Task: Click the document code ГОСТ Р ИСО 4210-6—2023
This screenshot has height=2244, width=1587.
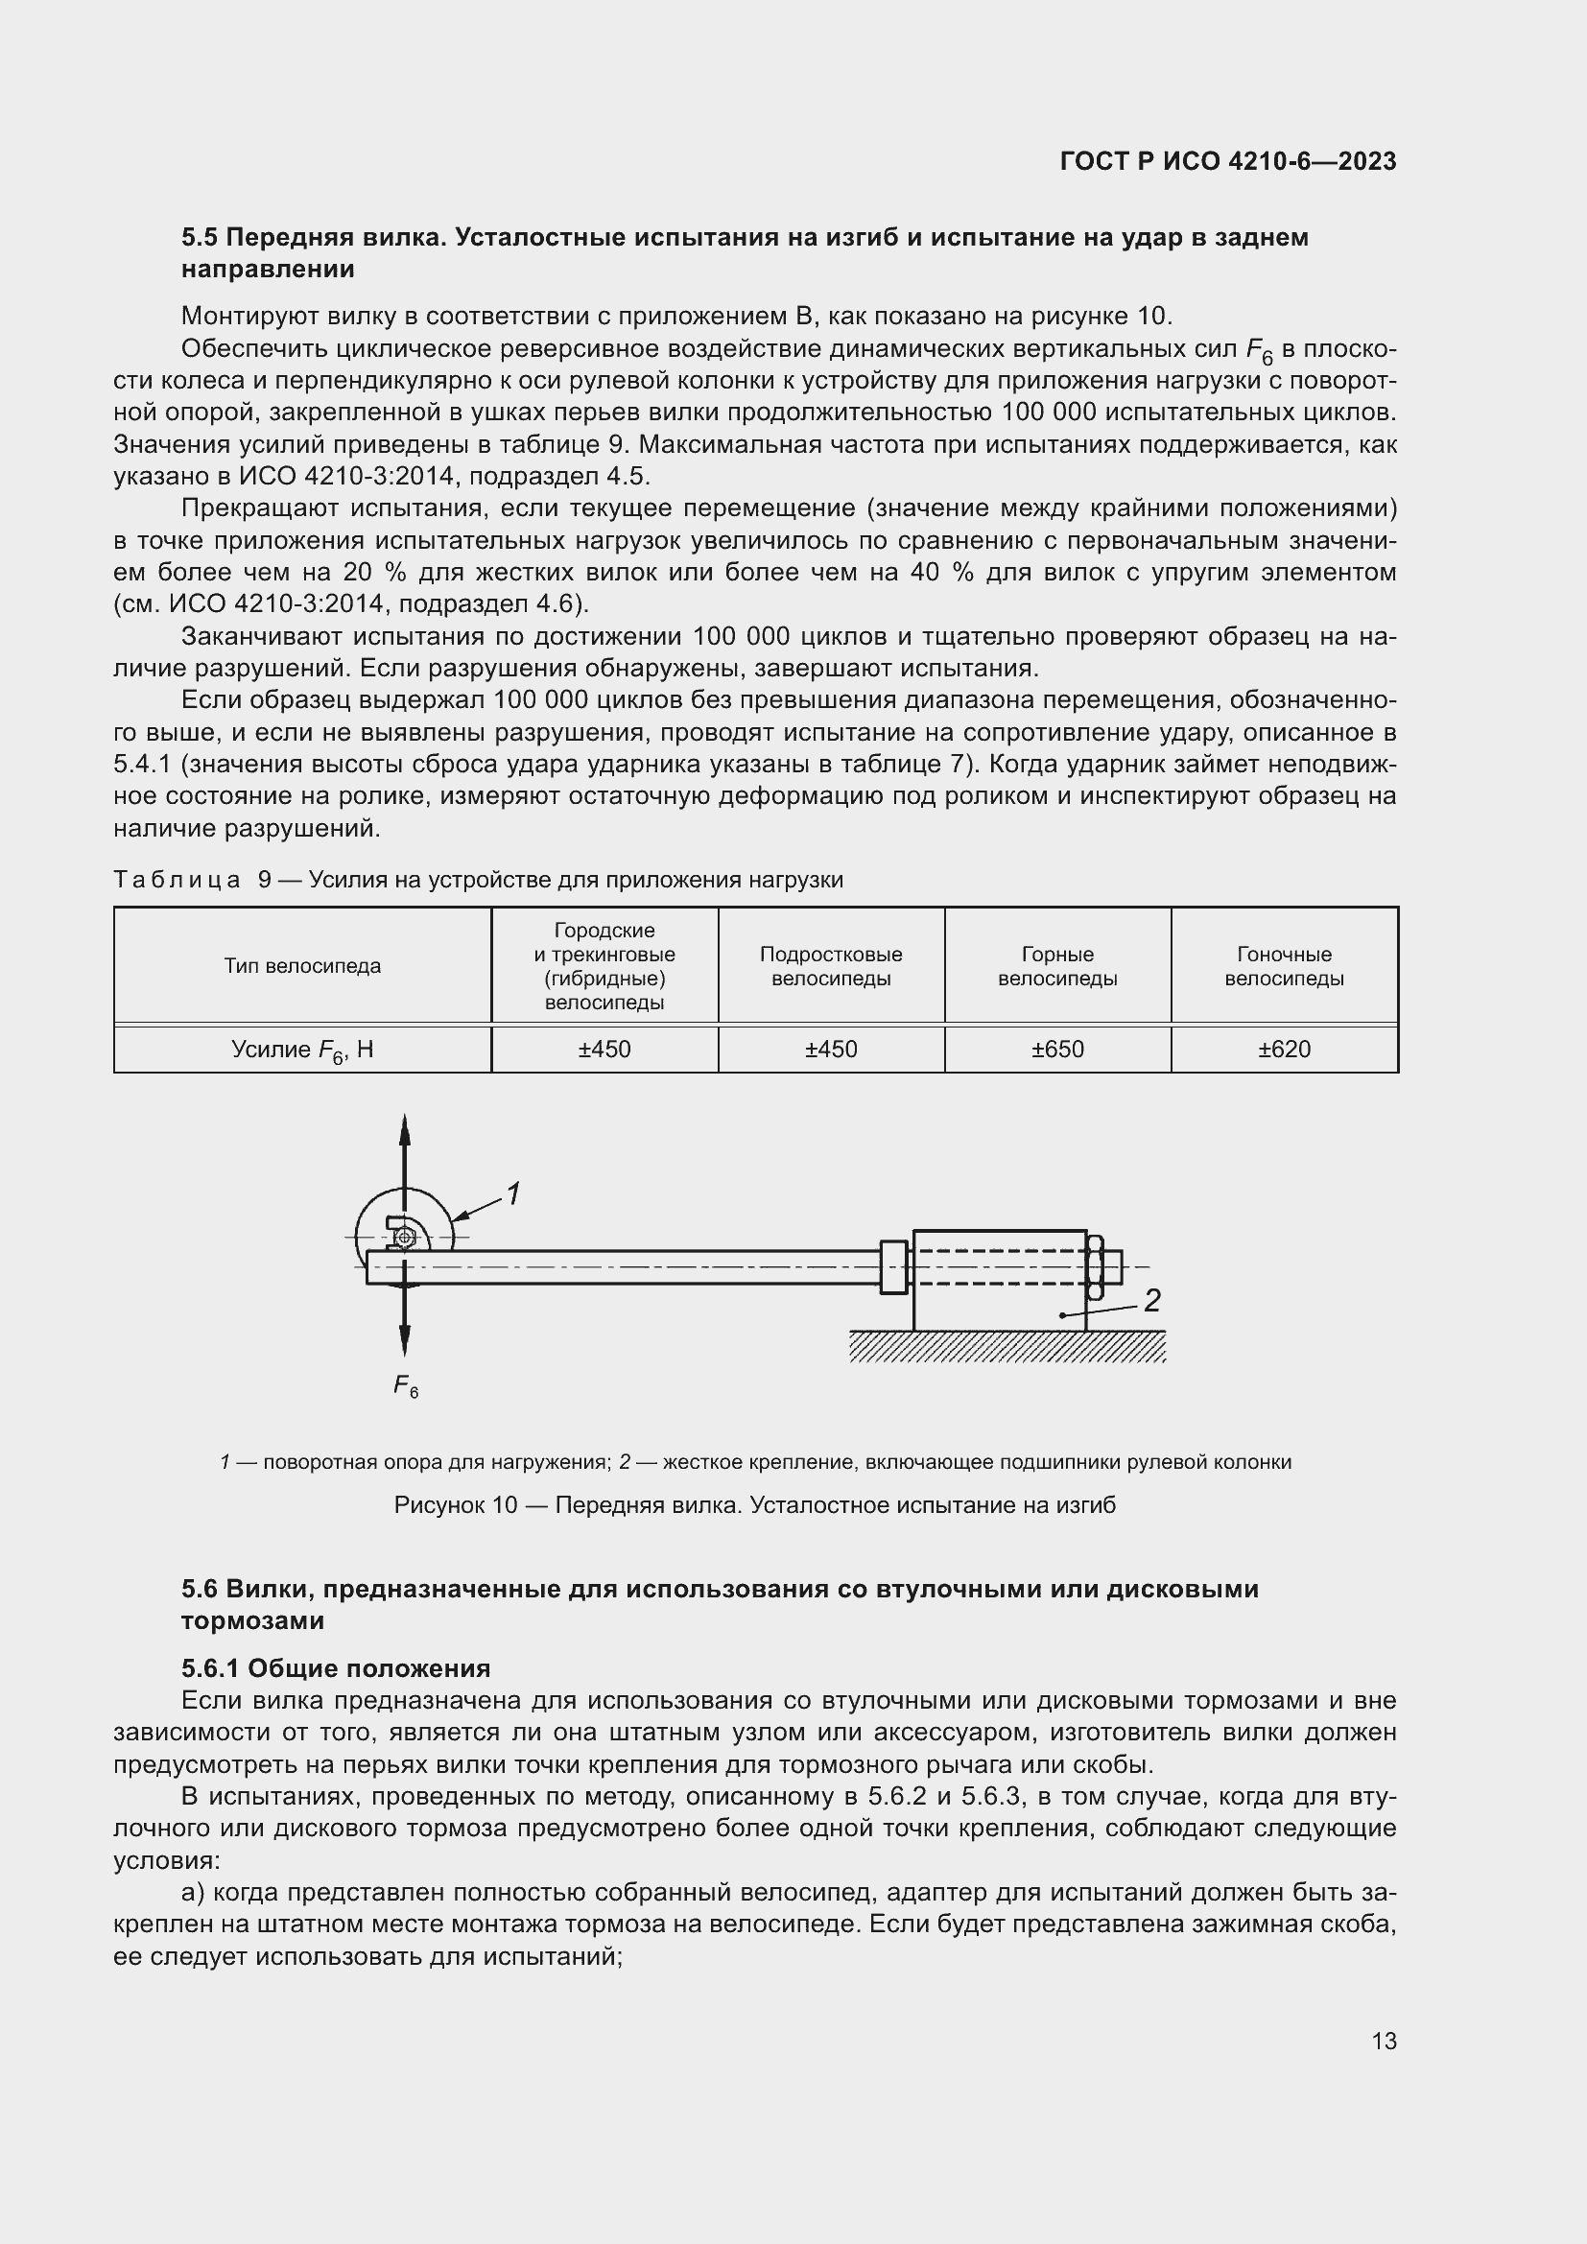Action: pyautogui.click(x=1227, y=161)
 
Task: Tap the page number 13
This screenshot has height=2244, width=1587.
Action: pyautogui.click(x=1384, y=2041)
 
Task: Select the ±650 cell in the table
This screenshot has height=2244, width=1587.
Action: pyautogui.click(x=1057, y=1049)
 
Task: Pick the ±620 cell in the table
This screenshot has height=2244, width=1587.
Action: pyautogui.click(x=1284, y=1049)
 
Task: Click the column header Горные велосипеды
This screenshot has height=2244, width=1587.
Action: pyautogui.click(x=1057, y=966)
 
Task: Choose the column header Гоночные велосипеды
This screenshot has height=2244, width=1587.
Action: pyautogui.click(x=1284, y=966)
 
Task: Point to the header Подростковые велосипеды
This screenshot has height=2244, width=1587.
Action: pyautogui.click(x=831, y=966)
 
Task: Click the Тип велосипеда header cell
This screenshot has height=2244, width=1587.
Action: pyautogui.click(x=302, y=966)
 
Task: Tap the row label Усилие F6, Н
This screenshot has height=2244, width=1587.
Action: pyautogui.click(x=302, y=1050)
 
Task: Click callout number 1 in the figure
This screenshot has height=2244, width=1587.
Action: pyautogui.click(x=512, y=1193)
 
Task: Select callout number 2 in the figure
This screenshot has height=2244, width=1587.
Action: pyautogui.click(x=1152, y=1300)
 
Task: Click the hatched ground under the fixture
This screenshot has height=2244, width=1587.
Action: pyautogui.click(x=1007, y=1346)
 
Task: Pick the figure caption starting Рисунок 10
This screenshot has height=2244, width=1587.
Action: pyautogui.click(x=753, y=1505)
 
